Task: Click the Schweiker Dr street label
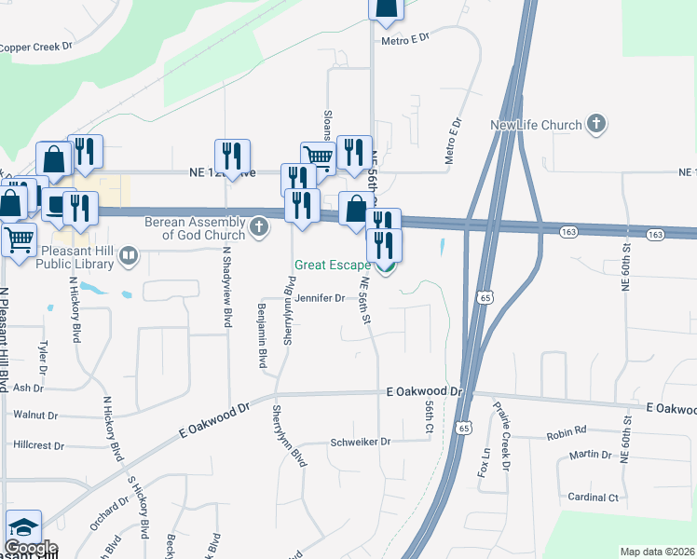[x=362, y=442]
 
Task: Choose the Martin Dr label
[x=592, y=455]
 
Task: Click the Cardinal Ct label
[x=593, y=498]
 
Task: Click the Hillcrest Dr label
[x=39, y=446]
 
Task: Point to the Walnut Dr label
[x=34, y=415]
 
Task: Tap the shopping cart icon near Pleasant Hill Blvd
[x=19, y=240]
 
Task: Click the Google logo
[x=31, y=548]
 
